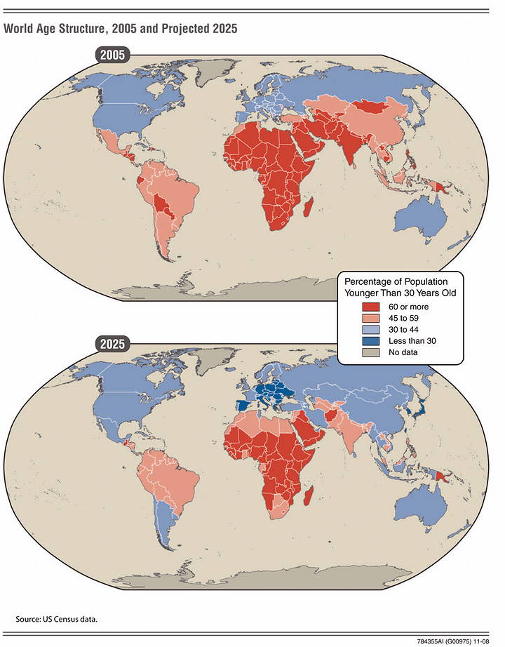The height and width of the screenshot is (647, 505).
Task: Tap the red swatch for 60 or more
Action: pos(370,307)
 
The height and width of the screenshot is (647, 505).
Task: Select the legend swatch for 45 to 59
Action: pos(370,318)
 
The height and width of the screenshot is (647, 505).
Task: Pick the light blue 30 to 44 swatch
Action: pos(370,329)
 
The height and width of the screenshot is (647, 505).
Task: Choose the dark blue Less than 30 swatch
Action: pos(370,340)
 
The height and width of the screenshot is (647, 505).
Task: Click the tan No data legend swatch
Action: pos(370,352)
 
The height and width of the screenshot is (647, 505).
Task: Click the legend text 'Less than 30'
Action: pos(412,340)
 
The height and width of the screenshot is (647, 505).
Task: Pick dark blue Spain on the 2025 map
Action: pos(241,406)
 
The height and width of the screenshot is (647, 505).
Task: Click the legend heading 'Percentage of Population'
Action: pos(400,281)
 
